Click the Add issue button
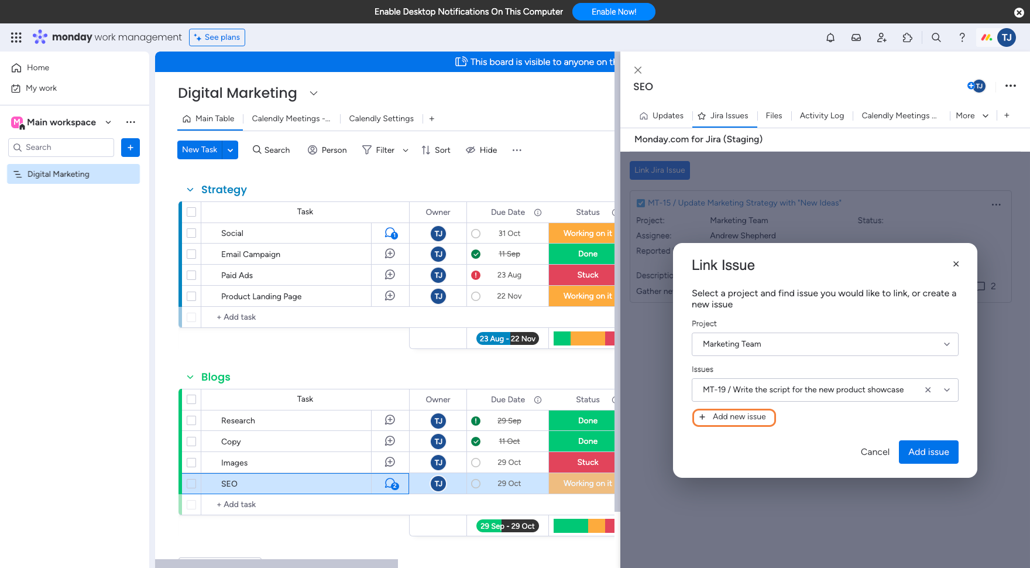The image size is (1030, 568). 928,452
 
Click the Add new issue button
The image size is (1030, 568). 734,418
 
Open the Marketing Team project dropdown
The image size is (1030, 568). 825,344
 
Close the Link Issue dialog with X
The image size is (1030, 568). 956,264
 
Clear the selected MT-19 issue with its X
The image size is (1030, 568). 928,390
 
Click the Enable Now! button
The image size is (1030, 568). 613,12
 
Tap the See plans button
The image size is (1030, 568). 217,37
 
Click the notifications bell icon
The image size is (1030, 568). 830,37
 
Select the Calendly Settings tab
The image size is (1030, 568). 381,119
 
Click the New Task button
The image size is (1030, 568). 200,150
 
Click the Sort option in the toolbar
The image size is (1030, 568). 436,150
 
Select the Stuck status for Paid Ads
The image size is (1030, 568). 587,275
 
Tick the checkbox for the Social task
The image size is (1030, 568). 191,233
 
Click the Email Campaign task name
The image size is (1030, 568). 250,254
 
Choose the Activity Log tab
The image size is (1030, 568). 822,116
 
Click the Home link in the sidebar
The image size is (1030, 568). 37,68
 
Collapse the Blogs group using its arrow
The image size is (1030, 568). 190,377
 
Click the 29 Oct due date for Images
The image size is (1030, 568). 509,463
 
